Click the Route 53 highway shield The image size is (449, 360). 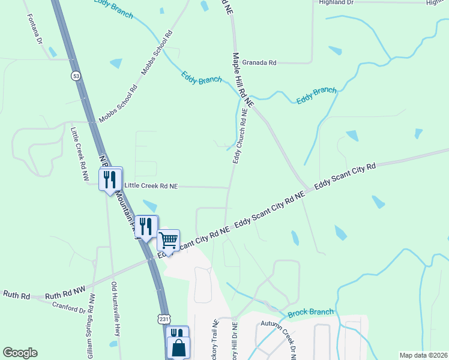point(75,76)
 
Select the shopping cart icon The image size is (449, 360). point(168,240)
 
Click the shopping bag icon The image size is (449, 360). point(179,347)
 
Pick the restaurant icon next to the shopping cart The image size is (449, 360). point(146,226)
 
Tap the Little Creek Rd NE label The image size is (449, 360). point(151,187)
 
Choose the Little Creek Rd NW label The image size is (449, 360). point(79,154)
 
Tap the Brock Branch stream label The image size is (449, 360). point(310,313)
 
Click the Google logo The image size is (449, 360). point(20,352)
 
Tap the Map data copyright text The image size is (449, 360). point(423,355)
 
